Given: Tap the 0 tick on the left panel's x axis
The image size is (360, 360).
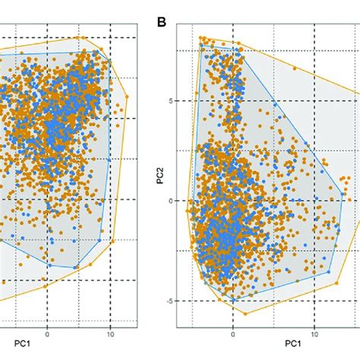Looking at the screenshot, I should (x=47, y=333).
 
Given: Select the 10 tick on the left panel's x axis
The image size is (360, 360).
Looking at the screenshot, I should (x=111, y=333).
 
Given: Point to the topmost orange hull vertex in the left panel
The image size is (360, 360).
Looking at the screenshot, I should (x=78, y=37).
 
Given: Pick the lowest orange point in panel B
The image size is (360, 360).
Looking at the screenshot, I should (x=245, y=313).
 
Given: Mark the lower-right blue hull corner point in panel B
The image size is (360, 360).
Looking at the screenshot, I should (x=329, y=271).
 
